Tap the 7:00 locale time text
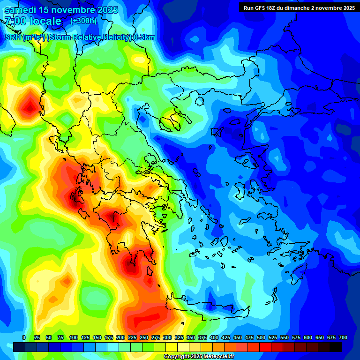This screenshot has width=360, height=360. pyautogui.click(x=33, y=21)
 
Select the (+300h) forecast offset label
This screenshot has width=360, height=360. pyautogui.click(x=83, y=21)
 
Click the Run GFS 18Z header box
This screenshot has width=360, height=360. pyautogui.click(x=299, y=7)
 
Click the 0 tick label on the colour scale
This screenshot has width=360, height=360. pyautogui.click(x=24, y=337)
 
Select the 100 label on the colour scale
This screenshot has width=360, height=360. pyautogui.click(x=74, y=337)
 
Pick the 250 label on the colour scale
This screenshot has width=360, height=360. pyautogui.click(x=144, y=337)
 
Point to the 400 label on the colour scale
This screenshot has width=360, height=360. pyautogui.click(x=214, y=337)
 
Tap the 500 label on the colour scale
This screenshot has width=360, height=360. pyautogui.click(x=261, y=337)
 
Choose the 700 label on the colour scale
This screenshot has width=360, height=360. pyautogui.click(x=343, y=337)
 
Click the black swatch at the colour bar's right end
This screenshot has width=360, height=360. pyautogui.click(x=336, y=346)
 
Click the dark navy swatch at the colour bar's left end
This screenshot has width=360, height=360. pyautogui.click(x=19, y=346)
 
